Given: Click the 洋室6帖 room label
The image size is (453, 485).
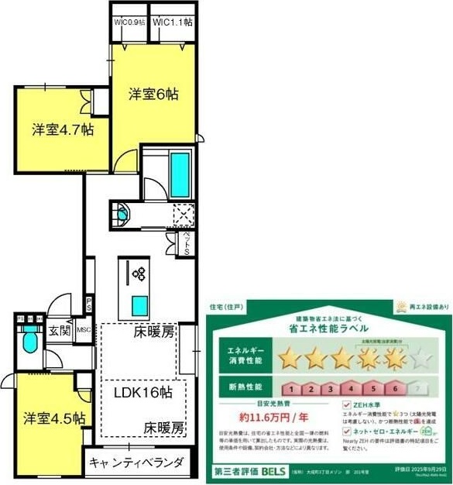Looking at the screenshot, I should [153, 95].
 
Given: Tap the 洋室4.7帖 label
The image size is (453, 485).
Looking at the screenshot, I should [63, 129].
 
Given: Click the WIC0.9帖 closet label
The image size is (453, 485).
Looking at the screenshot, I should [129, 22].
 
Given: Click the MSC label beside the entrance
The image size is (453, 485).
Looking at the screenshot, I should [83, 330].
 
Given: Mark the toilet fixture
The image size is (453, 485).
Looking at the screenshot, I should [30, 340].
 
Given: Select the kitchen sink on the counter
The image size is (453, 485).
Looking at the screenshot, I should [139, 302].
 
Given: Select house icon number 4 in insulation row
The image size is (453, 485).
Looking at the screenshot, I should [352, 387].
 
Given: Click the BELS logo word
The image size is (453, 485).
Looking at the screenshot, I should [273, 470].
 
